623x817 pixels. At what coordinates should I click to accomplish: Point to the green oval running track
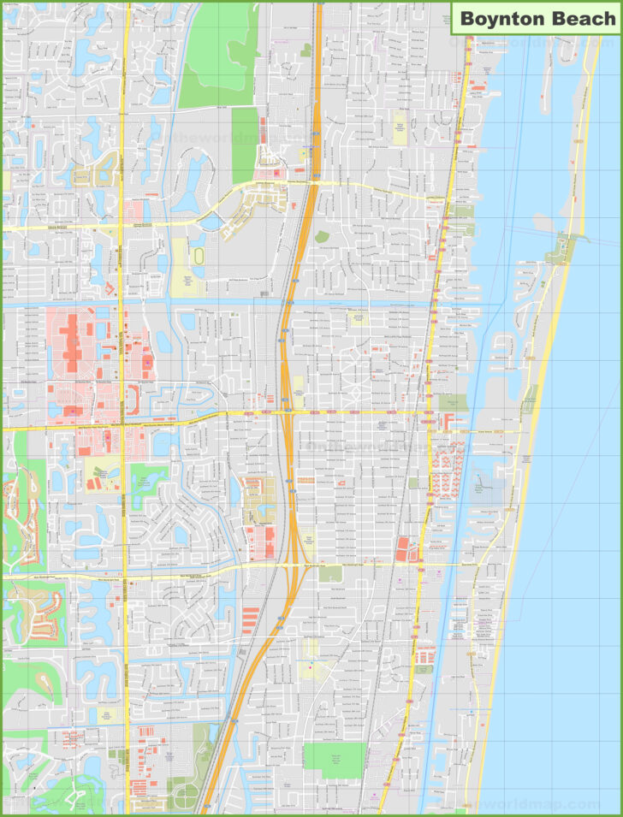199,257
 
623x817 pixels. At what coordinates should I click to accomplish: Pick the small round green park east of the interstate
322,237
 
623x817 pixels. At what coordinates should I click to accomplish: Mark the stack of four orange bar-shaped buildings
251,619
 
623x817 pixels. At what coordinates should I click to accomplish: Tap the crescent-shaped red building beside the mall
133,399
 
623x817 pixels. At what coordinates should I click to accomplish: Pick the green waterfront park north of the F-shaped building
453,402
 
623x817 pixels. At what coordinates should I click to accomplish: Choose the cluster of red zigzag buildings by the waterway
447,471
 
